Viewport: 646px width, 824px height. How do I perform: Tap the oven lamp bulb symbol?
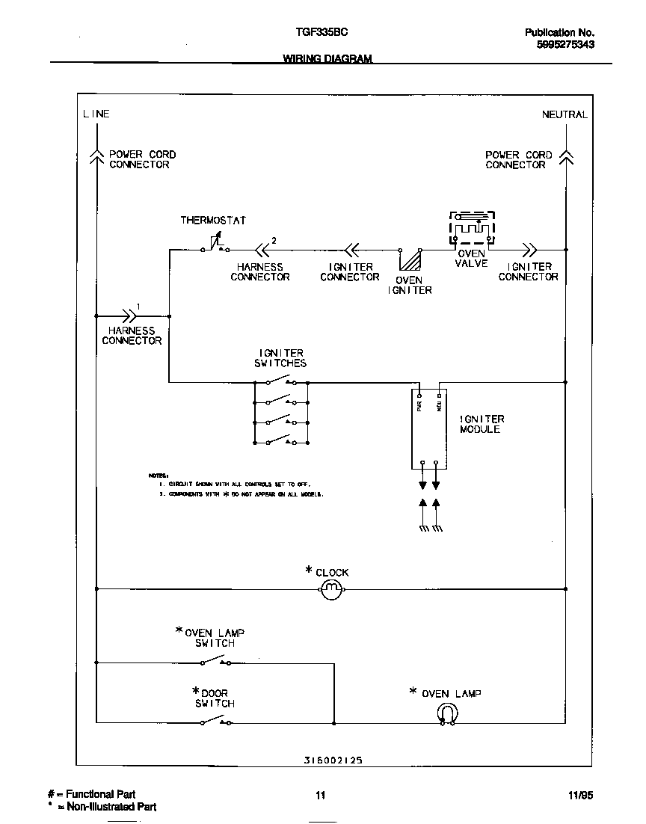click(x=446, y=716)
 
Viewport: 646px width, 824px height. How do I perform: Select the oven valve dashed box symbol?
click(x=472, y=227)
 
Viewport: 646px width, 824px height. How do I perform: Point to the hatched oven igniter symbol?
click(x=409, y=260)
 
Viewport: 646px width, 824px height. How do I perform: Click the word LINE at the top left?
click(x=96, y=114)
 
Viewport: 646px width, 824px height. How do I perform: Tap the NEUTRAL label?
click(x=565, y=114)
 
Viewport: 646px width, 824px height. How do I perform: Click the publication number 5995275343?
click(x=565, y=45)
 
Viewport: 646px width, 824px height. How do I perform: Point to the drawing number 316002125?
click(x=333, y=759)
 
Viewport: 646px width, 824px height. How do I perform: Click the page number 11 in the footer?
click(x=320, y=795)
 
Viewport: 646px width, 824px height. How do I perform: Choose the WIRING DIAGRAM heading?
click(x=327, y=59)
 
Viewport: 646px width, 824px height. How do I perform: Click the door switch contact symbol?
click(x=215, y=721)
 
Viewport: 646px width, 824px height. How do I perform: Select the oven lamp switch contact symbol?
click(x=215, y=660)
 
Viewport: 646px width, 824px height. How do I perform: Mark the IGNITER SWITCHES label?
click(x=281, y=357)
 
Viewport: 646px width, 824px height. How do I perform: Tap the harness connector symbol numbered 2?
click(x=262, y=250)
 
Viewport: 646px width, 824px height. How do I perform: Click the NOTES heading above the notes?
click(x=159, y=475)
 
